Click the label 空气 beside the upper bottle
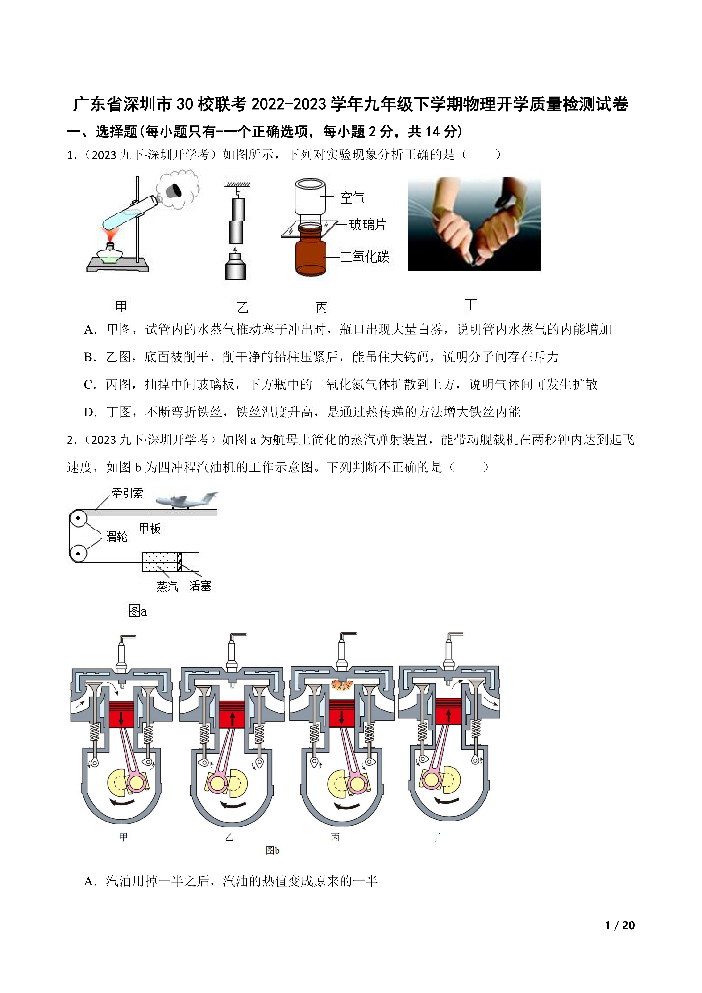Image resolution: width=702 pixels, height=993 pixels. click(x=352, y=198)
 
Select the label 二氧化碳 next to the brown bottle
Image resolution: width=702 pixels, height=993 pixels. click(x=365, y=257)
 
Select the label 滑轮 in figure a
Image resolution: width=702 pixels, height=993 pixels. click(x=117, y=537)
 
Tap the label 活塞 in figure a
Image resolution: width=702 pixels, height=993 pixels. click(x=200, y=586)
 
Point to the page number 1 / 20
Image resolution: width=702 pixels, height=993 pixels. click(x=620, y=925)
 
